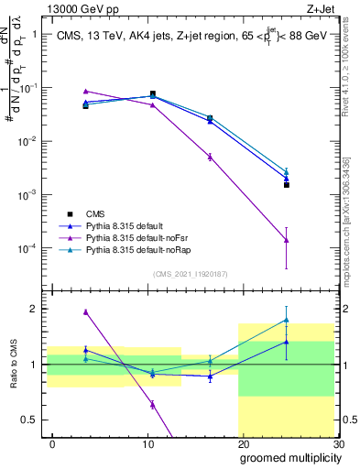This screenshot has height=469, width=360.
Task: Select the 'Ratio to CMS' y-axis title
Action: [12, 365]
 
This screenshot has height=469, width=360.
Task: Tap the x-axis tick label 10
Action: [147, 443]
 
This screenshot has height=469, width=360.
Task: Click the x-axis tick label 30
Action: [338, 443]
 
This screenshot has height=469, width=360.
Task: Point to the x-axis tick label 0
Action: [52, 443]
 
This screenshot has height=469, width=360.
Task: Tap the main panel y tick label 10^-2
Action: [27, 141]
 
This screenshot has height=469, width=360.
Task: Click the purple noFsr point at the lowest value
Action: [287, 240]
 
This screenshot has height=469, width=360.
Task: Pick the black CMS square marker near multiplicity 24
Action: [287, 185]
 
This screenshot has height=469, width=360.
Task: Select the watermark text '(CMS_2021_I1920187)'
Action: [191, 274]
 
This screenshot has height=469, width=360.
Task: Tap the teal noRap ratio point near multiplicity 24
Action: [287, 320]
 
